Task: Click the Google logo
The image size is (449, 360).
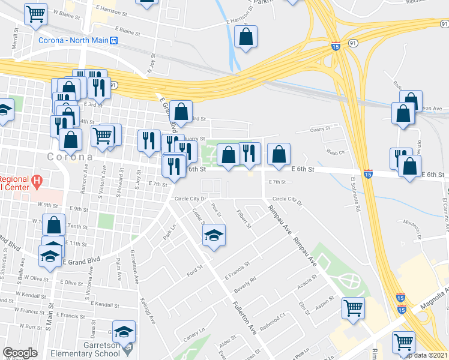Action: click(20, 353)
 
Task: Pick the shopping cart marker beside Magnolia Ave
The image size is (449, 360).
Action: click(404, 342)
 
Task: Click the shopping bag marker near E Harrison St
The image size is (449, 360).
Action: click(246, 38)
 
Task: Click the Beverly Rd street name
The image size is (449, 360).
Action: click(245, 283)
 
